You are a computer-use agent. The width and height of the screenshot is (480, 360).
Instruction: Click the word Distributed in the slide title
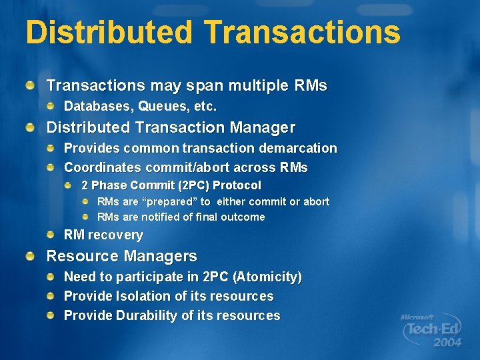click(109, 32)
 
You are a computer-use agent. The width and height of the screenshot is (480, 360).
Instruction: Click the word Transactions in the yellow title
click(302, 32)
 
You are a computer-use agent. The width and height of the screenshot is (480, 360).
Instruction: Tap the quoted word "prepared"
click(171, 201)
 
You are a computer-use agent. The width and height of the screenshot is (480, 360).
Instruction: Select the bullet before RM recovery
click(51, 235)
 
